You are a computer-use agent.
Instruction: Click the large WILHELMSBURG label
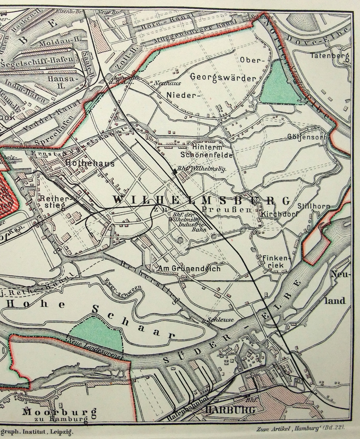pyautogui.click(x=201, y=200)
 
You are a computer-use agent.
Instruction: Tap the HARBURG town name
pyautogui.click(x=230, y=410)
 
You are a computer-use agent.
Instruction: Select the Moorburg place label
pyautogui.click(x=59, y=412)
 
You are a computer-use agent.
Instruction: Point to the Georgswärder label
pyautogui.click(x=223, y=77)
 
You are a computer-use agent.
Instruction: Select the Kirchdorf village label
pyautogui.click(x=276, y=214)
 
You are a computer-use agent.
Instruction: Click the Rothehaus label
pyautogui.click(x=90, y=163)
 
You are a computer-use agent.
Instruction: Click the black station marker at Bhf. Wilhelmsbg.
pyautogui.click(x=174, y=171)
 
